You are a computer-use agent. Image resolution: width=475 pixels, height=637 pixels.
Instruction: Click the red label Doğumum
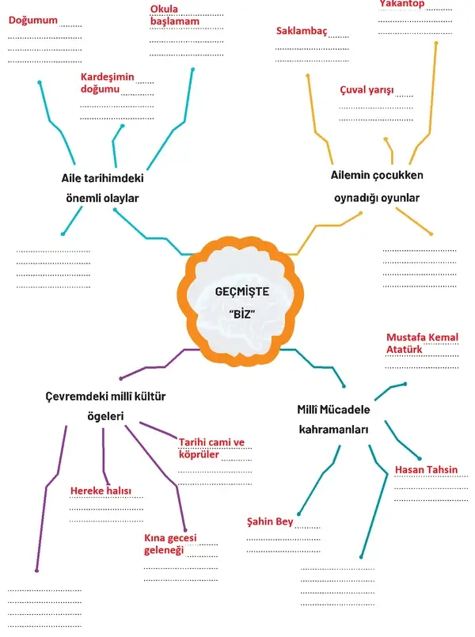[x=33, y=21]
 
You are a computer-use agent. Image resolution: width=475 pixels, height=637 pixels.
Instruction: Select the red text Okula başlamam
[x=175, y=15]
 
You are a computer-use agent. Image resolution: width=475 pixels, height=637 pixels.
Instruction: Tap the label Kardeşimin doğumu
[x=108, y=83]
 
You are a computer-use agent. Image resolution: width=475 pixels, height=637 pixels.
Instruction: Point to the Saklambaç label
[x=302, y=31]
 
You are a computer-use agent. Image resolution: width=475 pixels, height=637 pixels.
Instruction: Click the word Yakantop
[x=402, y=4]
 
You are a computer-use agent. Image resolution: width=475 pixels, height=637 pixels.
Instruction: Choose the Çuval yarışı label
[x=367, y=89]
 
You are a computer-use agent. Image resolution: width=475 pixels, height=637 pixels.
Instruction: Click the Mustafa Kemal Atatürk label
[x=422, y=343]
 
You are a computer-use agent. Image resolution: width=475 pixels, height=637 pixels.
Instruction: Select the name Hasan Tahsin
[x=426, y=469]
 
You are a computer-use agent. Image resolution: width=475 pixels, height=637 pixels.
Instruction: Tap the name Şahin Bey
[x=270, y=521]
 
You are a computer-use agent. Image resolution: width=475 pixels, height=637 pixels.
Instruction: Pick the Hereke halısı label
[x=101, y=491]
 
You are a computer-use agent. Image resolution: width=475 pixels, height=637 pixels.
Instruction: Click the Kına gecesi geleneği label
[x=170, y=544]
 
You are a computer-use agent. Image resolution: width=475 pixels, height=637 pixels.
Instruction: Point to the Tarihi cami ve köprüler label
[x=211, y=448]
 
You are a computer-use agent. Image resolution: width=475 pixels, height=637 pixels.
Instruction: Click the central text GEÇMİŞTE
[x=241, y=292]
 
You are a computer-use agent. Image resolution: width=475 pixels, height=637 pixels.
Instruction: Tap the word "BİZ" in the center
[x=242, y=314]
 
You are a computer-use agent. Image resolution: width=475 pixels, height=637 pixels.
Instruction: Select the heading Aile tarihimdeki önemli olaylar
[x=102, y=188]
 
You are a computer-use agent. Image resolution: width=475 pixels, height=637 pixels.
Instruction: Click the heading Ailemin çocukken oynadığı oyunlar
[x=377, y=187]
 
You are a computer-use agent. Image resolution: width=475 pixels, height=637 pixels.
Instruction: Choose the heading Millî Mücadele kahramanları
[x=333, y=419]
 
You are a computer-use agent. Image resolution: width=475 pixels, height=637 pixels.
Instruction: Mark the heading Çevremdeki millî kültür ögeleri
[x=105, y=406]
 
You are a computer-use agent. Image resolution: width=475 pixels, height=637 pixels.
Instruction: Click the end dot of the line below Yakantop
[x=436, y=43]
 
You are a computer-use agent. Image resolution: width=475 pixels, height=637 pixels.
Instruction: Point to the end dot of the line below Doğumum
[x=40, y=83]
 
